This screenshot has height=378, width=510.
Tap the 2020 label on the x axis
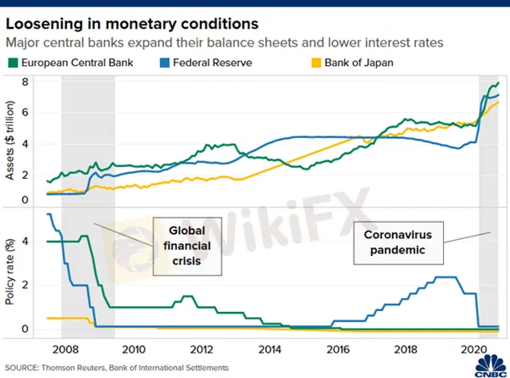471,347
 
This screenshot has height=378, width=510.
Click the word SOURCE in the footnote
23,366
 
